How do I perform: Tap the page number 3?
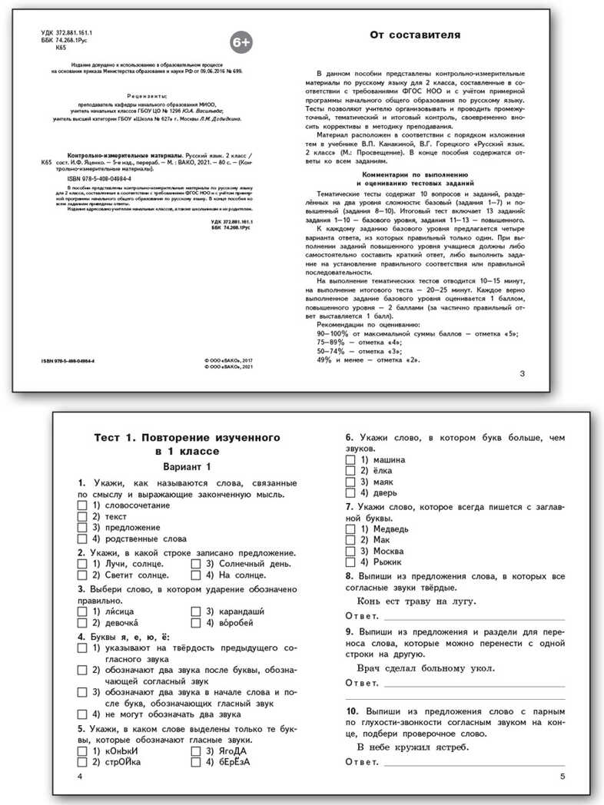coord(523,374)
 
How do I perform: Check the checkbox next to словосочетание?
coord(82,506)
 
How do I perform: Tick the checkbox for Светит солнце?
coord(82,575)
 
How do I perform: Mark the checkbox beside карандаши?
coord(197,611)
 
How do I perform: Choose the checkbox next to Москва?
coord(350,551)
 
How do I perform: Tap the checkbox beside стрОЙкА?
coord(82,762)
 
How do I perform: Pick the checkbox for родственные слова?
coord(82,538)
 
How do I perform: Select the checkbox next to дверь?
coord(350,492)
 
